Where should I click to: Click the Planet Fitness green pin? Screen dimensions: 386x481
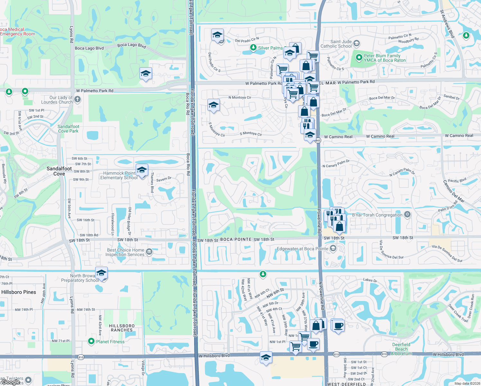[91, 341]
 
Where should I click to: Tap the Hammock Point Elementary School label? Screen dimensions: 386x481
[119, 175]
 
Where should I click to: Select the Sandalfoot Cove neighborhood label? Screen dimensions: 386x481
[59, 171]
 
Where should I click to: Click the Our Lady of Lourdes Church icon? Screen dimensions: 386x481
[77, 99]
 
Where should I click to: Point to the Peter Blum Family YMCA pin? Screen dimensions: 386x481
[359, 58]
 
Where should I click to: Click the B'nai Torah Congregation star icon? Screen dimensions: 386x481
[407, 215]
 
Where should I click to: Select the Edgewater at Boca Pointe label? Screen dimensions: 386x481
[302, 249]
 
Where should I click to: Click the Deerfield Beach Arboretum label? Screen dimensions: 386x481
[401, 349]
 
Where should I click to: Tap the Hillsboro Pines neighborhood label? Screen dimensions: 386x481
[19, 292]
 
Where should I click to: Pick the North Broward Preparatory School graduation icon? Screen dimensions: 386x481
[101, 273]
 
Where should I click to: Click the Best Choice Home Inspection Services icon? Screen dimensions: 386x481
[149, 252]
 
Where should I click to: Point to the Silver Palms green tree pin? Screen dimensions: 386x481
[253, 48]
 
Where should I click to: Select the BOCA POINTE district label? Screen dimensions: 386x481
[236, 239]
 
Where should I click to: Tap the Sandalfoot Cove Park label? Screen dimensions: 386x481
[68, 129]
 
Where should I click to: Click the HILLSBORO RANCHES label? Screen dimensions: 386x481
[122, 328]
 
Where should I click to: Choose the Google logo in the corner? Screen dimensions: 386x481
[11, 382]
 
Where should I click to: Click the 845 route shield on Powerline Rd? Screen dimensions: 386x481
[318, 141]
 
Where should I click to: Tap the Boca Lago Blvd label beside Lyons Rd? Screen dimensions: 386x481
[89, 48]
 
